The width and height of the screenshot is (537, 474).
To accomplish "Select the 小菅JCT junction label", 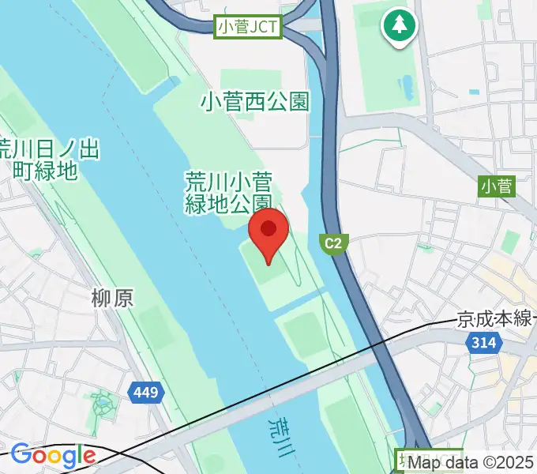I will pos(248,28).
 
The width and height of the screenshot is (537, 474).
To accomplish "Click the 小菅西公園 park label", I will pos(254,101).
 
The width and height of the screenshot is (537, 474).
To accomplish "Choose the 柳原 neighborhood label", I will pos(112,298).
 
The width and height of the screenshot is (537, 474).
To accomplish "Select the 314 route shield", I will pos(481,343).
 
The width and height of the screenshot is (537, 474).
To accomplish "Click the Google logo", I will pos(53,455).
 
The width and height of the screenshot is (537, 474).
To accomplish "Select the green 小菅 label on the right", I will pos(496,186).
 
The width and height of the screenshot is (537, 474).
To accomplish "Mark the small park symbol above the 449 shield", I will pos(103,405).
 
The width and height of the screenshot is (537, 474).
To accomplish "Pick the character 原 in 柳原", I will pos(122,298).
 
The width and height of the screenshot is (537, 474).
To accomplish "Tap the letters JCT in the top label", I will pos(264,28).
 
